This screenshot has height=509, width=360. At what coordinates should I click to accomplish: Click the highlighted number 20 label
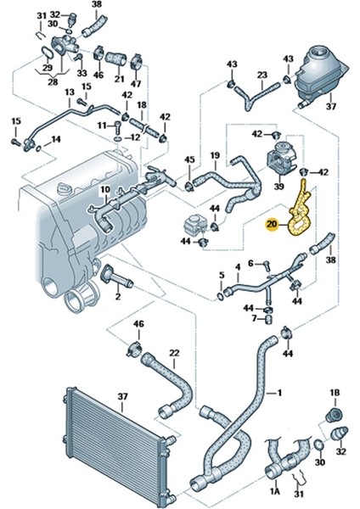coord(272,224)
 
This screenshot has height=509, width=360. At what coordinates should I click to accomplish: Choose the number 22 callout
coord(174,352)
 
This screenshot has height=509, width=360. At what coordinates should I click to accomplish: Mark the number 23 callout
coord(262,75)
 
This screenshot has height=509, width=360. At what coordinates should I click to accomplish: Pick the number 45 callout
coord(189,159)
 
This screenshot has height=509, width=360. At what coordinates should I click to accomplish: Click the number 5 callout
coord(222,275)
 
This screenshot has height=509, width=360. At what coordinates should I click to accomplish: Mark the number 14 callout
coord(56,138)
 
